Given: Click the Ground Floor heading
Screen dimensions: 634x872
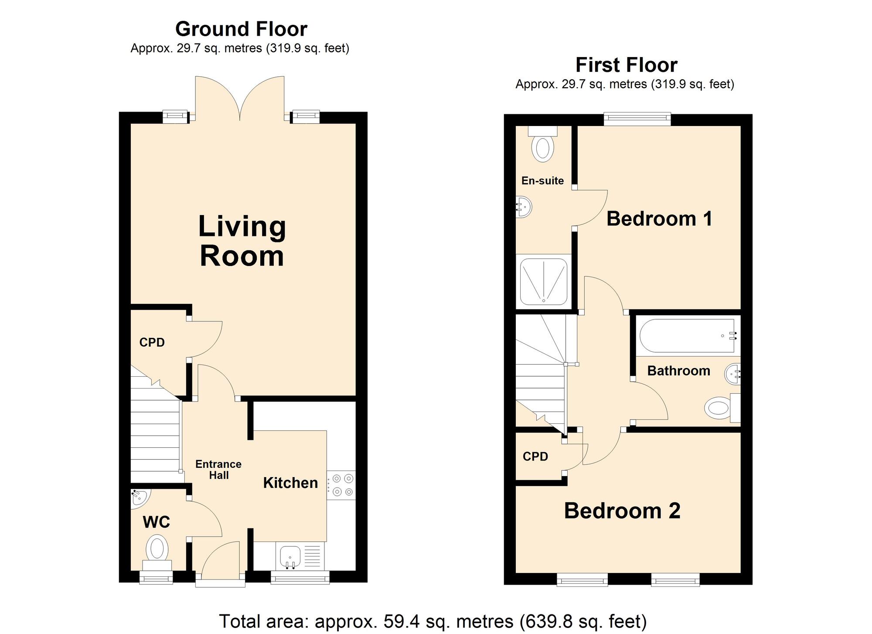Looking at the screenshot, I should point(241,29).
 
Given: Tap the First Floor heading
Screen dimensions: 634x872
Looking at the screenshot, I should point(626,65).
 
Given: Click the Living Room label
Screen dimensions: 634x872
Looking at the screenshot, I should point(242,241).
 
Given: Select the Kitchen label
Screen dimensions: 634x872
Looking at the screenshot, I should point(290,483).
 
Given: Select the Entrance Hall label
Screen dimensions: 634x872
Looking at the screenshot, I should point(218,470).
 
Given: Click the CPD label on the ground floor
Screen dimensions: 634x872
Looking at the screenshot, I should point(152,343).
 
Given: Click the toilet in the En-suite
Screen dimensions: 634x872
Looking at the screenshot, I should point(543,146).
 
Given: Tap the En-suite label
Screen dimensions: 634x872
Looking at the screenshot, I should point(542,181).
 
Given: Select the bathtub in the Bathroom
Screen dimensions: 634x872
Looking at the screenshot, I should point(688,336).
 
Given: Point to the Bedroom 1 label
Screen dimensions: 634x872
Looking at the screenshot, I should point(659,219).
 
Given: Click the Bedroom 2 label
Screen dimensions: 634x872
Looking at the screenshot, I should point(622,511).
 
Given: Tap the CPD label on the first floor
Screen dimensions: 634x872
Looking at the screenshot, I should point(535,457).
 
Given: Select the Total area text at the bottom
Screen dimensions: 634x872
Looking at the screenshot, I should point(433,621).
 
